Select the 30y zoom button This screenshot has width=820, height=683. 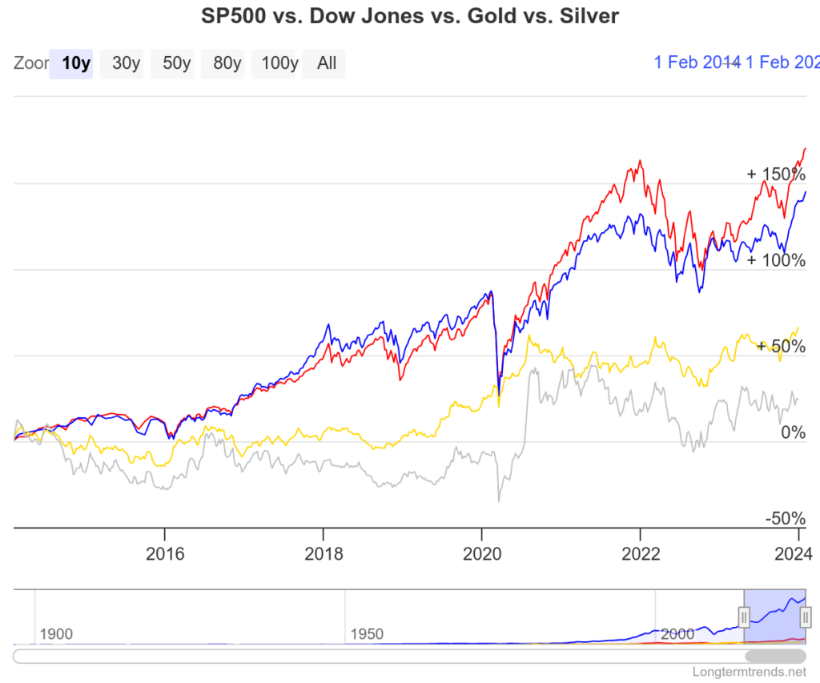tap(126, 63)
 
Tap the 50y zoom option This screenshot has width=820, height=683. tap(176, 63)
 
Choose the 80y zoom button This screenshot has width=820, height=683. tap(226, 63)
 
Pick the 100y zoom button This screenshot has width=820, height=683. tap(277, 63)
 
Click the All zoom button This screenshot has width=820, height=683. tap(326, 63)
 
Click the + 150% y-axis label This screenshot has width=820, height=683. tap(775, 174)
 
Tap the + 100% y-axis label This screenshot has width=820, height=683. tap(775, 260)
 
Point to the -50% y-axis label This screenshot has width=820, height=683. tap(785, 518)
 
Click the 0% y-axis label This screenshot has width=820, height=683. tap(793, 433)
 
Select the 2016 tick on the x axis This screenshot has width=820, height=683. tap(164, 554)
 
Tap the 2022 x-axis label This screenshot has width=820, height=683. tap(640, 554)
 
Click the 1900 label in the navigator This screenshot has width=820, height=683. tap(55, 634)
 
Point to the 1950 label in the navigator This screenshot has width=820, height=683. tap(366, 634)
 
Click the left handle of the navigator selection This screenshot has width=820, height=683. tap(744, 617)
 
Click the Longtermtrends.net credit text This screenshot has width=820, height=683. tap(750, 673)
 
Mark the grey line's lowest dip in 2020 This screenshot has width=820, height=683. tap(499, 501)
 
